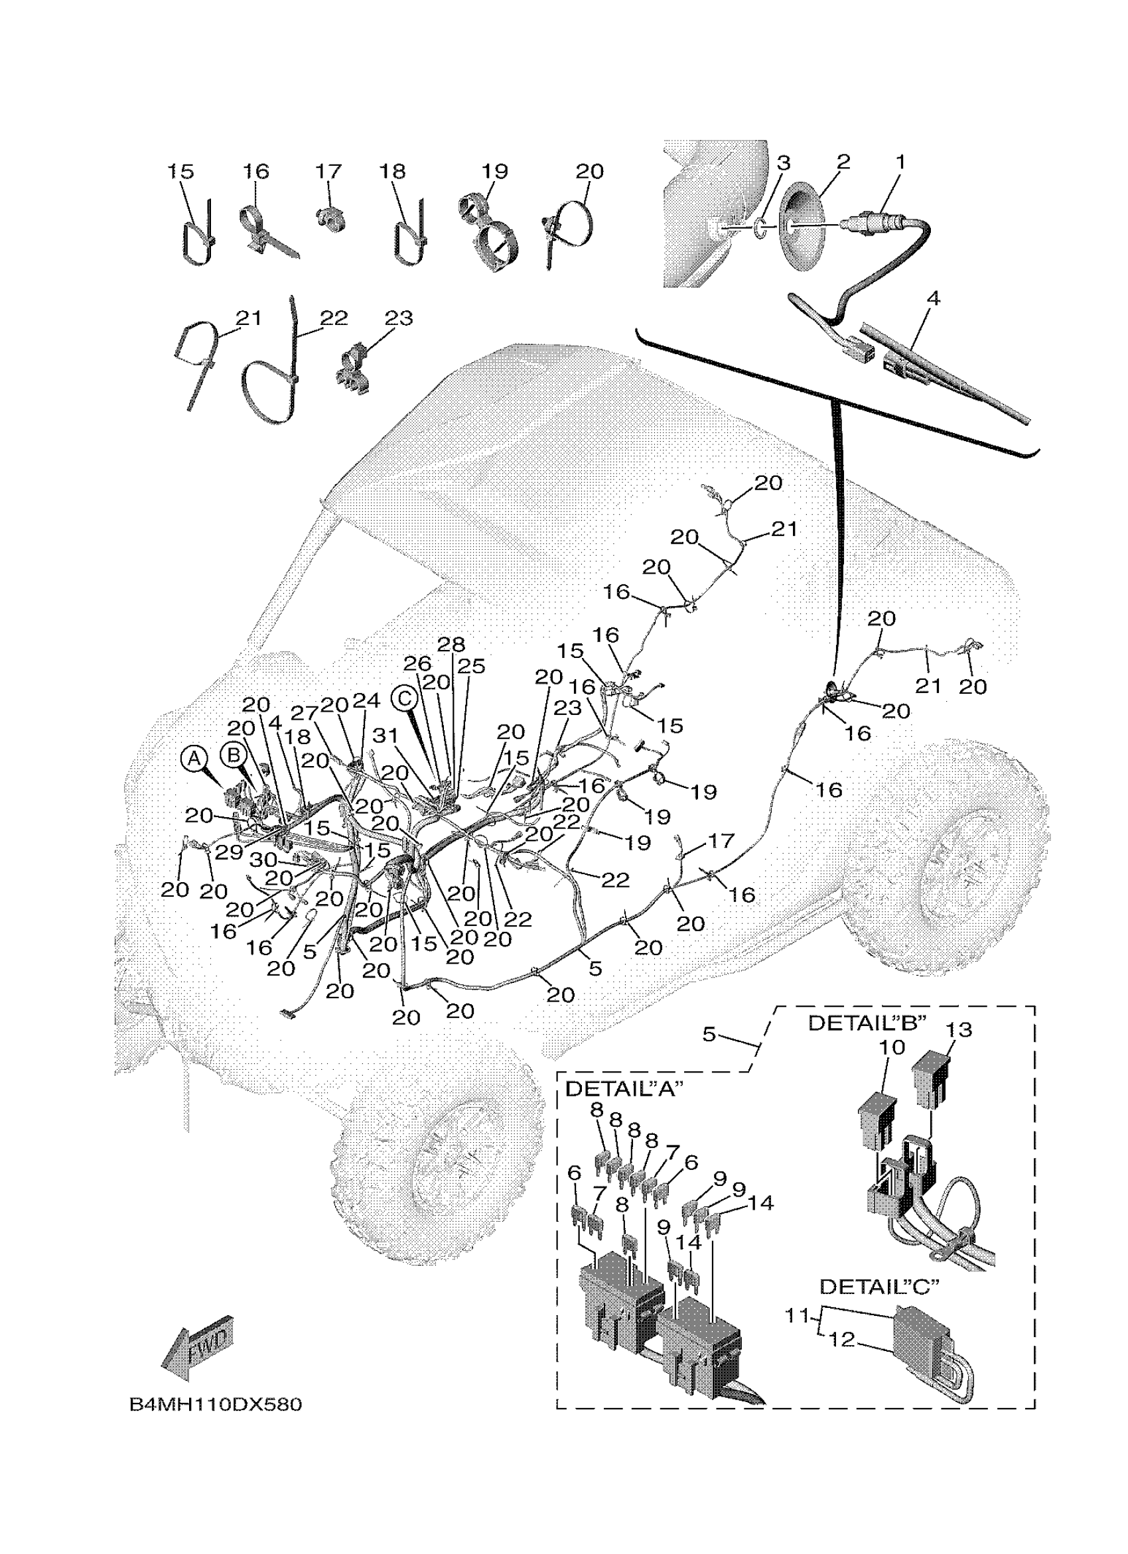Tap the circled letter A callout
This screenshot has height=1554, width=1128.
click(x=194, y=759)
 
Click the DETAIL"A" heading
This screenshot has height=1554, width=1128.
click(x=620, y=1090)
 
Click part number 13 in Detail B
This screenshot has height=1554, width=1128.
click(x=959, y=1049)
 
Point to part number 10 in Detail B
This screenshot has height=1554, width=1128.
click(x=892, y=1067)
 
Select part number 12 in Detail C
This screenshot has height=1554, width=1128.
click(x=841, y=1339)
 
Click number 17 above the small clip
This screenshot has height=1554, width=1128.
click(x=328, y=171)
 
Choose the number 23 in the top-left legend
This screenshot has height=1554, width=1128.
click(x=398, y=318)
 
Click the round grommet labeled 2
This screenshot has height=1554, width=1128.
click(x=806, y=227)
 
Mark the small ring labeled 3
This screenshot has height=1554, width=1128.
click(x=761, y=227)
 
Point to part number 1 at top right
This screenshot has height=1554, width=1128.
click(x=900, y=162)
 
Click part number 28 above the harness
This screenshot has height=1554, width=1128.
click(x=451, y=645)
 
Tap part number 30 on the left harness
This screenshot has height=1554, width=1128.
click(x=263, y=860)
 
